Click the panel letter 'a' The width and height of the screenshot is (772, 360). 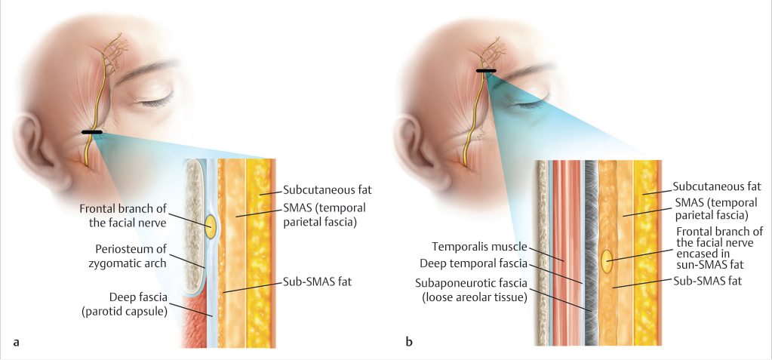(x=17, y=343)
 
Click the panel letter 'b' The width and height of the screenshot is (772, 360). (x=408, y=343)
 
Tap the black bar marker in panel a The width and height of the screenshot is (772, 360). (x=92, y=133)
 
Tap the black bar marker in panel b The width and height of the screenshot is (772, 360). (x=486, y=71)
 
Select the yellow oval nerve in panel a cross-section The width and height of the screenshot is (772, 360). (x=211, y=226)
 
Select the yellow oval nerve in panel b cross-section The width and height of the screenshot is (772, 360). (x=607, y=261)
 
